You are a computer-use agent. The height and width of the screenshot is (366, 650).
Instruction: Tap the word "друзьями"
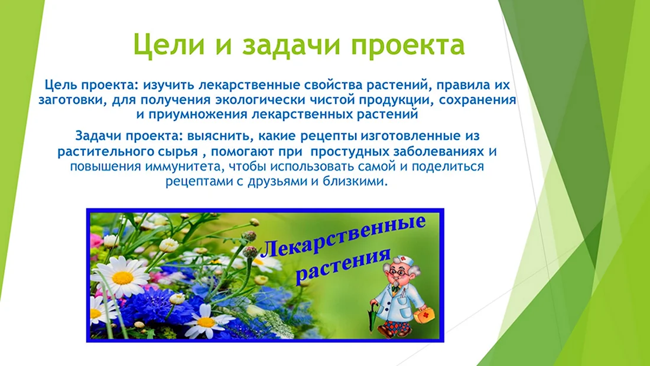tap(278, 182)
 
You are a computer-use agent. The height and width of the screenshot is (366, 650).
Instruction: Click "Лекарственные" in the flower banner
tap(343, 238)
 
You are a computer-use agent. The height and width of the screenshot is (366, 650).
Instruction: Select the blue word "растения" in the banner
tap(344, 267)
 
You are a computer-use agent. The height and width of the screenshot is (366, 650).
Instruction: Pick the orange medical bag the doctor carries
tap(424, 315)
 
